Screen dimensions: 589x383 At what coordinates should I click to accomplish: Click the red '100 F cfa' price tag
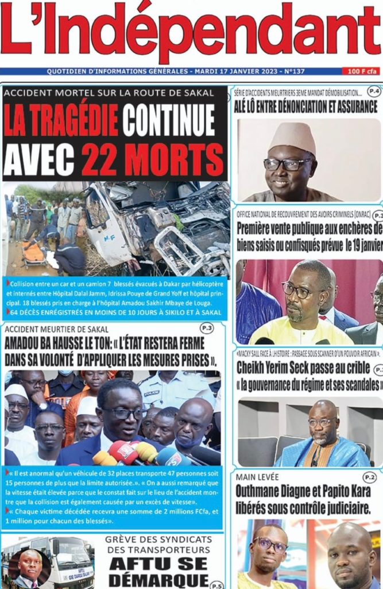362,71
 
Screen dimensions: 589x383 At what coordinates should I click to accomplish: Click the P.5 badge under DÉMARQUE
216,584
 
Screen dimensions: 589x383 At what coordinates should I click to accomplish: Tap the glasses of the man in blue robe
322,422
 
